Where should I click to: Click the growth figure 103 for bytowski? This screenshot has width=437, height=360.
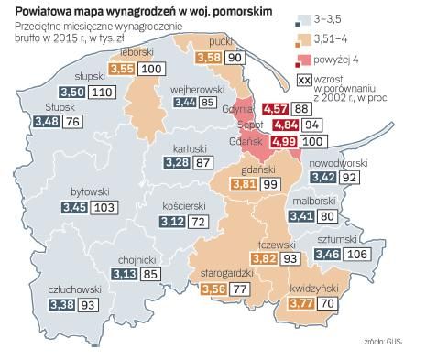tap(106, 208)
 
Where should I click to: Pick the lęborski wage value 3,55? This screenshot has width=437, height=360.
tap(122, 68)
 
